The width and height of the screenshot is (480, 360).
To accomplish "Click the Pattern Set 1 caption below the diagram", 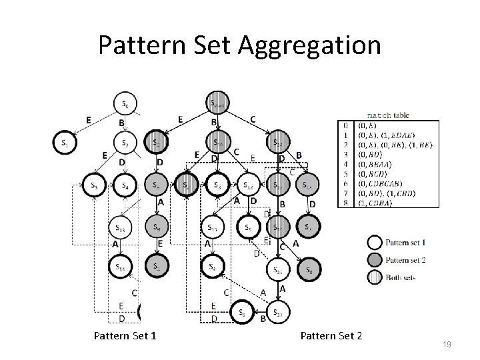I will pos(125,335).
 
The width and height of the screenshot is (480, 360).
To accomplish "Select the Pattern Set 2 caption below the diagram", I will pos(331,335).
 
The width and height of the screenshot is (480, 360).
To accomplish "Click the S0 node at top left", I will pos(126,103).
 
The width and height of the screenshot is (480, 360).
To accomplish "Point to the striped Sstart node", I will pos(218,103).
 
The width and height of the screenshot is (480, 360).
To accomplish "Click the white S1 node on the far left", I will pos(65,143).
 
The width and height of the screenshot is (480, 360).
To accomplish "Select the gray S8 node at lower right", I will pos(309,269).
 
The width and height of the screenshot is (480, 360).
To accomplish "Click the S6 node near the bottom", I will pos(241,311).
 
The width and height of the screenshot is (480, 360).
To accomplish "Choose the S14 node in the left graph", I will pos(121,268).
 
